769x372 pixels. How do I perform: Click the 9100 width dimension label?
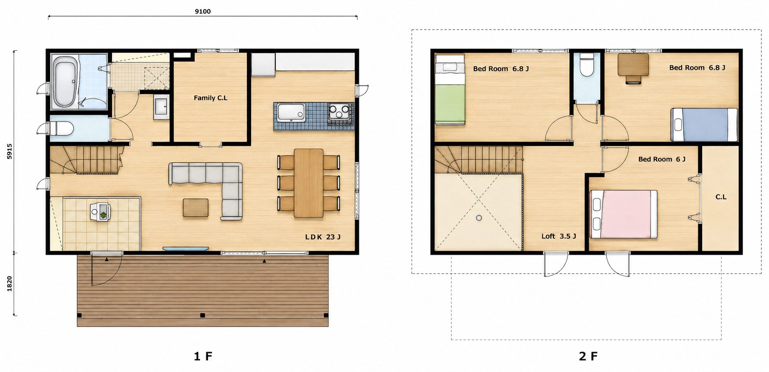pyautogui.click(x=203, y=12)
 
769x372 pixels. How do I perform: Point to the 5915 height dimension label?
pyautogui.click(x=9, y=151)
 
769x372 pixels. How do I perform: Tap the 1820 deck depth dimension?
pyautogui.click(x=9, y=284)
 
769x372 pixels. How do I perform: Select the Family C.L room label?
pyautogui.click(x=211, y=98)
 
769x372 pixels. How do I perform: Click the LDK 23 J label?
pyautogui.click(x=323, y=237)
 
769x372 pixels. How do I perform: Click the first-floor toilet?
pyautogui.click(x=61, y=128)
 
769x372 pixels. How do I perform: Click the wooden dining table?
pyautogui.click(x=309, y=183)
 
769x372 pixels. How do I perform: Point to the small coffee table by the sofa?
pyautogui.click(x=196, y=208)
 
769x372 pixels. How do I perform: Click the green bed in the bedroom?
pyautogui.click(x=450, y=90)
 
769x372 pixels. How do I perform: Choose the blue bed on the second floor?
pyautogui.click(x=704, y=125)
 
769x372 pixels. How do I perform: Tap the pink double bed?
pyautogui.click(x=623, y=214)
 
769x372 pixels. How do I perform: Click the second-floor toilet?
pyautogui.click(x=587, y=65)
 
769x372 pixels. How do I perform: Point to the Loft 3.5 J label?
pyautogui.click(x=559, y=236)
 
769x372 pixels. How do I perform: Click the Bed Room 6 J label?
pyautogui.click(x=662, y=159)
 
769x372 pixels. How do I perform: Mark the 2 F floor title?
pyautogui.click(x=588, y=356)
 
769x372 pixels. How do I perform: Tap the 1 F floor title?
pyautogui.click(x=203, y=356)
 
